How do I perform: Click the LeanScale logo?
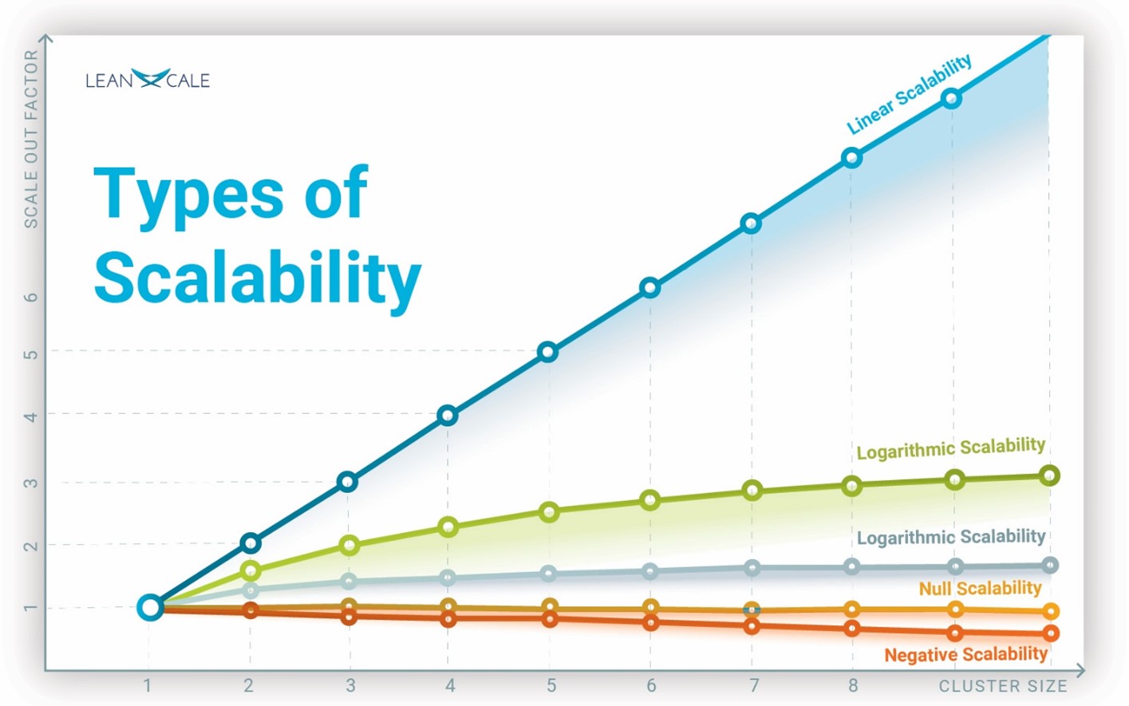tap(148, 80)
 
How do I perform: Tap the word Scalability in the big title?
tap(257, 278)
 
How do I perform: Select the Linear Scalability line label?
tap(909, 94)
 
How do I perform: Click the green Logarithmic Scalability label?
tap(950, 448)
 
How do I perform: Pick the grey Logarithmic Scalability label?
tap(950, 537)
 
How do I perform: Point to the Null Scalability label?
tap(980, 589)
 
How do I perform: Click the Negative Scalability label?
tap(965, 655)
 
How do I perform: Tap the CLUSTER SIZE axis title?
tap(1002, 686)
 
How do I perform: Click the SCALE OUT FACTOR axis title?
tap(31, 139)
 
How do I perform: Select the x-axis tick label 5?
tap(551, 686)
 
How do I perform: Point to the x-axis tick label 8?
tap(853, 686)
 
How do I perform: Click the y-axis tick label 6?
tap(31, 297)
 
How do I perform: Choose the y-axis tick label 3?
tap(31, 483)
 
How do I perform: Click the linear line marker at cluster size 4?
tap(448, 415)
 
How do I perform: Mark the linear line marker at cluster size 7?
tap(751, 224)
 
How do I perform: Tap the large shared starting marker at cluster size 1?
tap(149, 608)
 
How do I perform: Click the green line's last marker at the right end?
tap(1050, 475)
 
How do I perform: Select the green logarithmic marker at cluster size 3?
tap(349, 546)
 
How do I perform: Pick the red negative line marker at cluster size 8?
tap(852, 629)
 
